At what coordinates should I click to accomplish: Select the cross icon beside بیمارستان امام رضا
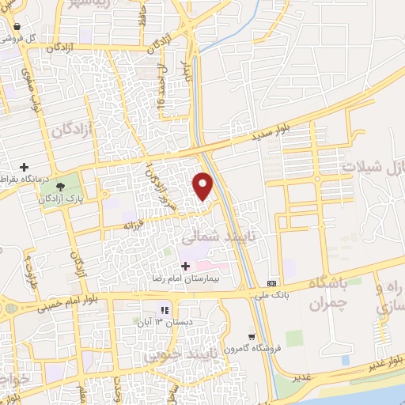tap(186, 266)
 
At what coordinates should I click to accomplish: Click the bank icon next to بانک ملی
tap(273, 283)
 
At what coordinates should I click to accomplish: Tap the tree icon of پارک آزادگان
tap(61, 184)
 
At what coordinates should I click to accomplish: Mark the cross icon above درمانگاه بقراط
tap(25, 167)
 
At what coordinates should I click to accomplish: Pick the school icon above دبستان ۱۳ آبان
tap(165, 310)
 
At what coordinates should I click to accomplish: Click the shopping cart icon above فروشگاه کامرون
tap(251, 336)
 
